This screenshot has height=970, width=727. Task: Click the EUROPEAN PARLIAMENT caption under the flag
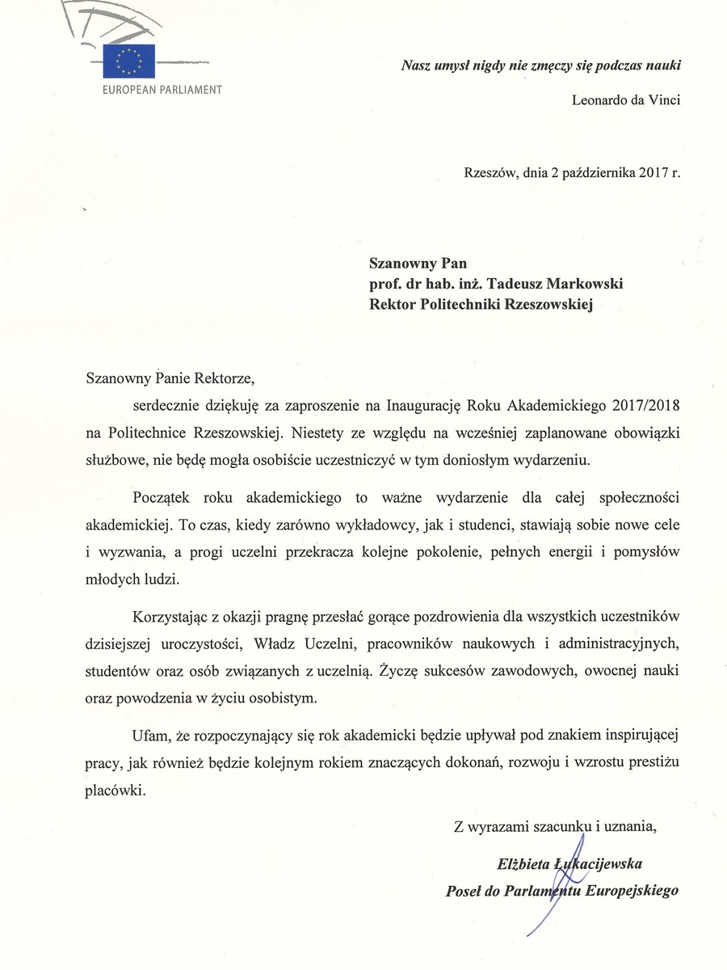click(x=162, y=89)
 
